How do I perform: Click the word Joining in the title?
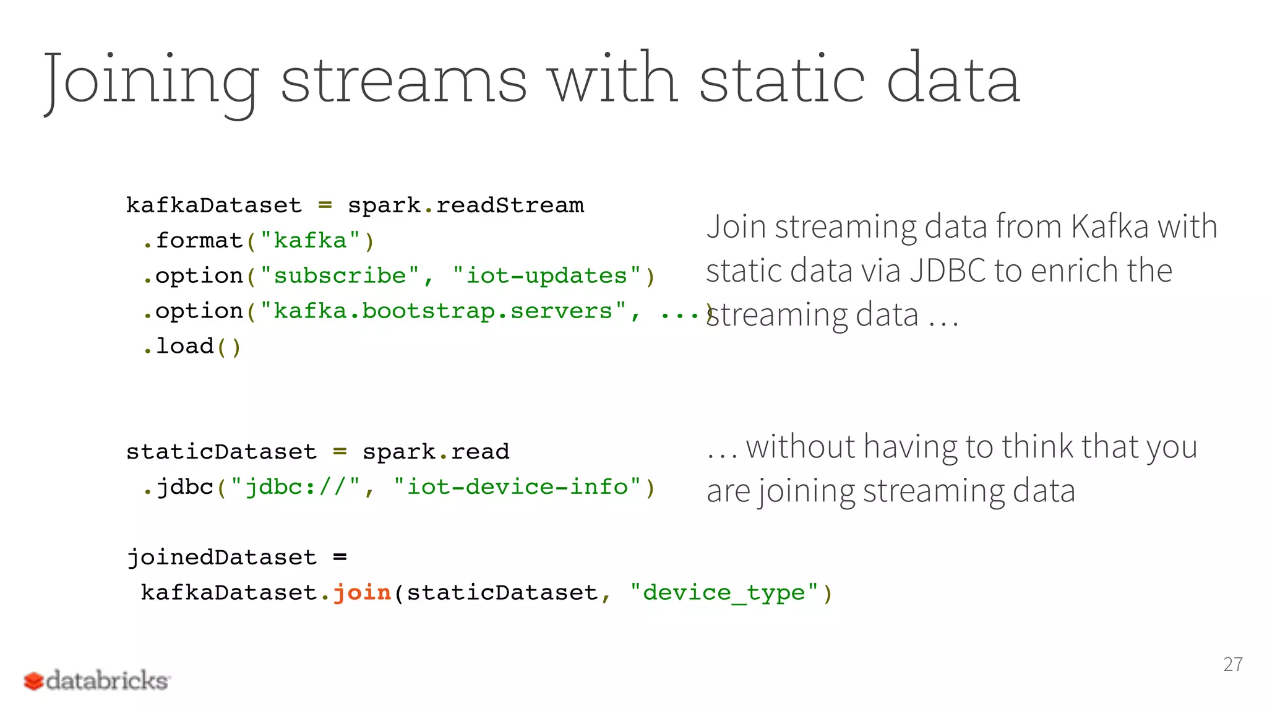click(x=152, y=80)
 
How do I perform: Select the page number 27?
click(x=1232, y=664)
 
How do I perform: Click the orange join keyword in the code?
click(x=362, y=592)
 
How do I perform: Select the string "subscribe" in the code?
click(x=340, y=275)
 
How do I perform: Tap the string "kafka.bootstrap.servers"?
click(x=443, y=311)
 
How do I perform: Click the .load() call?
click(x=192, y=346)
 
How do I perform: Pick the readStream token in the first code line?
click(x=510, y=205)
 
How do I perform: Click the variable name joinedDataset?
click(x=221, y=557)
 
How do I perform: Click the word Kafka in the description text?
click(x=1110, y=226)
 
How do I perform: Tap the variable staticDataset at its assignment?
click(x=221, y=452)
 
